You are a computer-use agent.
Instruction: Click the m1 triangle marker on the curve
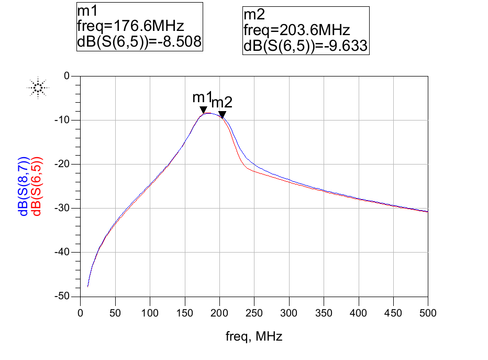(x=203, y=110)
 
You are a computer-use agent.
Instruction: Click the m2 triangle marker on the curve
(x=222, y=115)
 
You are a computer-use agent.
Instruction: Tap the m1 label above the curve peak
(x=202, y=97)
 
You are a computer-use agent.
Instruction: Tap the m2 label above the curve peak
(x=221, y=103)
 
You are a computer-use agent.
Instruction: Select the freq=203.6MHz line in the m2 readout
(x=297, y=30)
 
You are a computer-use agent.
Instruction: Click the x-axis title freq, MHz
(x=254, y=336)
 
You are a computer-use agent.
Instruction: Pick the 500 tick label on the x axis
(x=428, y=313)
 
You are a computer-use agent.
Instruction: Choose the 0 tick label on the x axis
(x=80, y=313)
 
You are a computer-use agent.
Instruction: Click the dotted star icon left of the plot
(x=38, y=88)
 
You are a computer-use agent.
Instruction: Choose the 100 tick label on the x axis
(x=150, y=313)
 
